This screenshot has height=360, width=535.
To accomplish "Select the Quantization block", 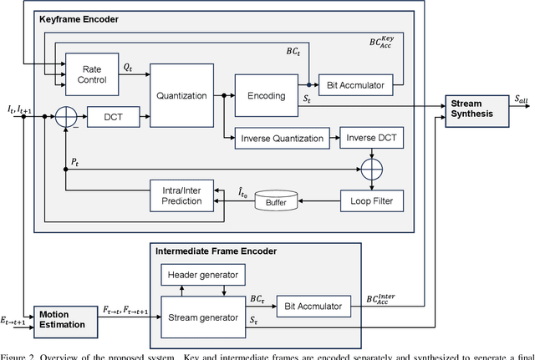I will (181, 95).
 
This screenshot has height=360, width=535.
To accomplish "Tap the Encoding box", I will (267, 95).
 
